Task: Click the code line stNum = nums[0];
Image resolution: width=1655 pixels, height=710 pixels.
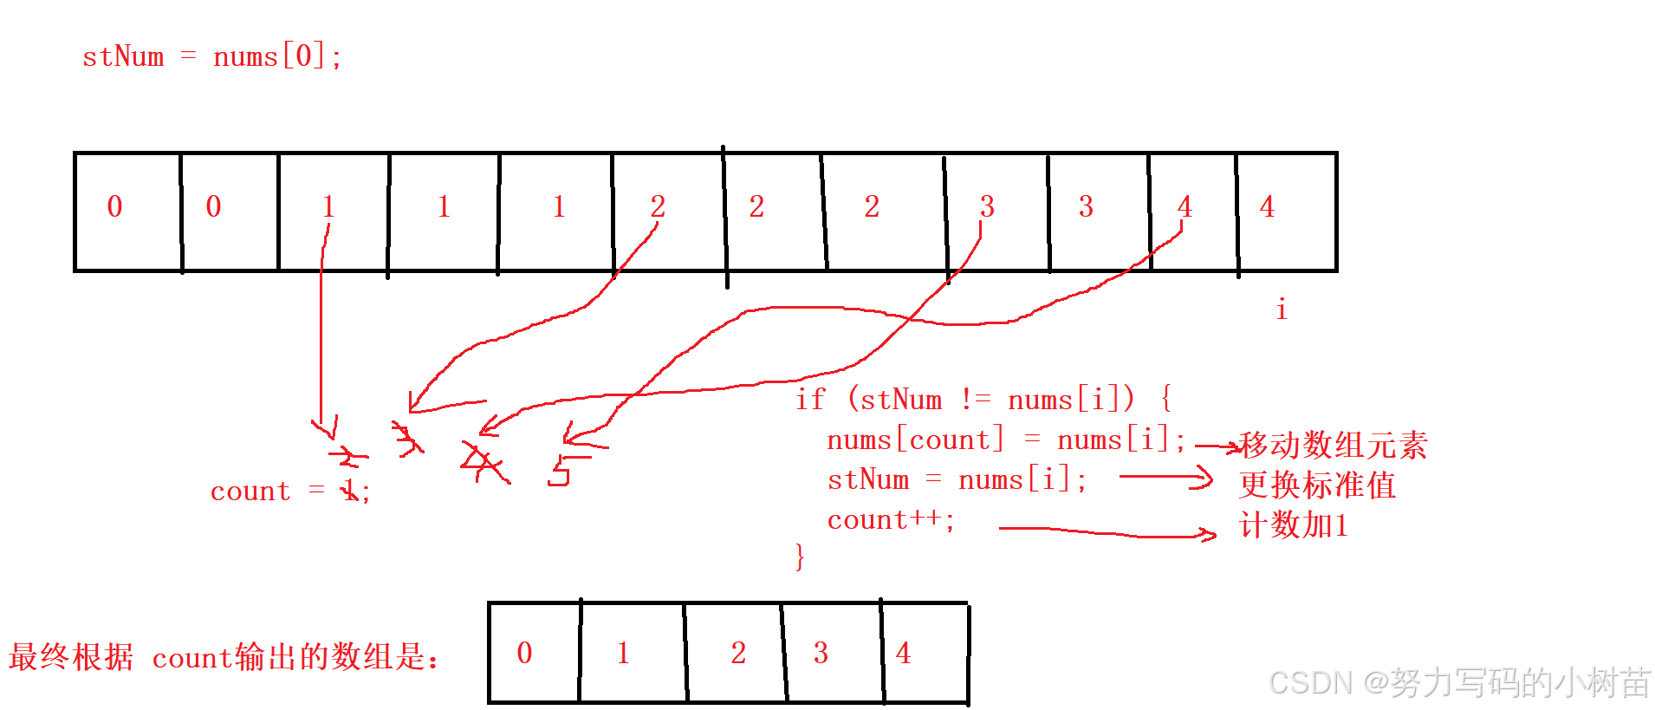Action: tap(211, 57)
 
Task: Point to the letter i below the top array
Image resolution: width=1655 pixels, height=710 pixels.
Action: tap(1281, 309)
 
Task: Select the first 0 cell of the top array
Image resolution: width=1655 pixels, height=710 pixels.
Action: tap(127, 212)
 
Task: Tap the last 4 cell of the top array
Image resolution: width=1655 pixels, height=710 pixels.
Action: tap(1286, 212)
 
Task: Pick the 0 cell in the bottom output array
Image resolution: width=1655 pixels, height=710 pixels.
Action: tap(533, 652)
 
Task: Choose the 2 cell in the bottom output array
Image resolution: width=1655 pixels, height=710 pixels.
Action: tap(735, 652)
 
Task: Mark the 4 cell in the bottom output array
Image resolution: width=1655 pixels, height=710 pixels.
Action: tap(924, 652)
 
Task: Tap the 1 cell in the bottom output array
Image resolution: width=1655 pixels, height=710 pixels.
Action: tap(631, 652)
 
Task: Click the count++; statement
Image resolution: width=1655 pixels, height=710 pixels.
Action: tap(890, 520)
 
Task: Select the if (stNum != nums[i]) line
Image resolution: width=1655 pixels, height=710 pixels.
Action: tap(983, 400)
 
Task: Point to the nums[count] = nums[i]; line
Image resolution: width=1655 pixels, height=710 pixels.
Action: tap(1005, 440)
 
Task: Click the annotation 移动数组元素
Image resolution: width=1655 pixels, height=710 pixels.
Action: tap(1333, 446)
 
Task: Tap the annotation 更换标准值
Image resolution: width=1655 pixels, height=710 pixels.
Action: tap(1317, 485)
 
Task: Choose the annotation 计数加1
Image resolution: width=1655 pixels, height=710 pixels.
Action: tap(1294, 525)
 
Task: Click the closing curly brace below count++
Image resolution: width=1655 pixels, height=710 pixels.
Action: tap(799, 556)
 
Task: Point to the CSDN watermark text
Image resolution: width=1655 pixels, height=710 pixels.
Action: tap(1459, 683)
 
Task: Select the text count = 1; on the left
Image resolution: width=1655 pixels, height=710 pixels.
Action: tap(290, 492)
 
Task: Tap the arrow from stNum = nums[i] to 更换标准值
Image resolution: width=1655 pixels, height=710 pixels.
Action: tap(1165, 477)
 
